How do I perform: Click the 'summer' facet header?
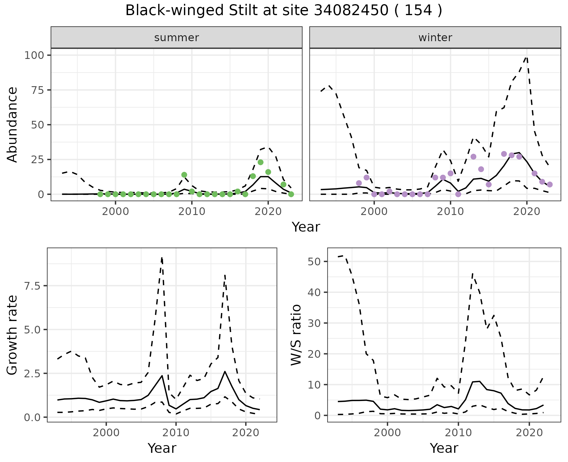click(x=176, y=38)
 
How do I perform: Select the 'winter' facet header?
click(x=435, y=38)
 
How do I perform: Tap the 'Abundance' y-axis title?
click(x=12, y=125)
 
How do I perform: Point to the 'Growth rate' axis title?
click(x=12, y=335)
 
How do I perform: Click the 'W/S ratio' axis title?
click(x=296, y=335)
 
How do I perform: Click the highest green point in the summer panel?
click(x=260, y=162)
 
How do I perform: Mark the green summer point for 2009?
click(x=184, y=175)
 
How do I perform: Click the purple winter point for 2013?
click(x=473, y=157)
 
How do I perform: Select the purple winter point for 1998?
click(x=359, y=183)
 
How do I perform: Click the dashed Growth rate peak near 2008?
click(x=162, y=258)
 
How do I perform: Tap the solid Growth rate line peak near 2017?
click(x=225, y=371)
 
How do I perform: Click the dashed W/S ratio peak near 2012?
click(x=472, y=274)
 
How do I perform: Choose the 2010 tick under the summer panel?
click(x=192, y=212)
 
